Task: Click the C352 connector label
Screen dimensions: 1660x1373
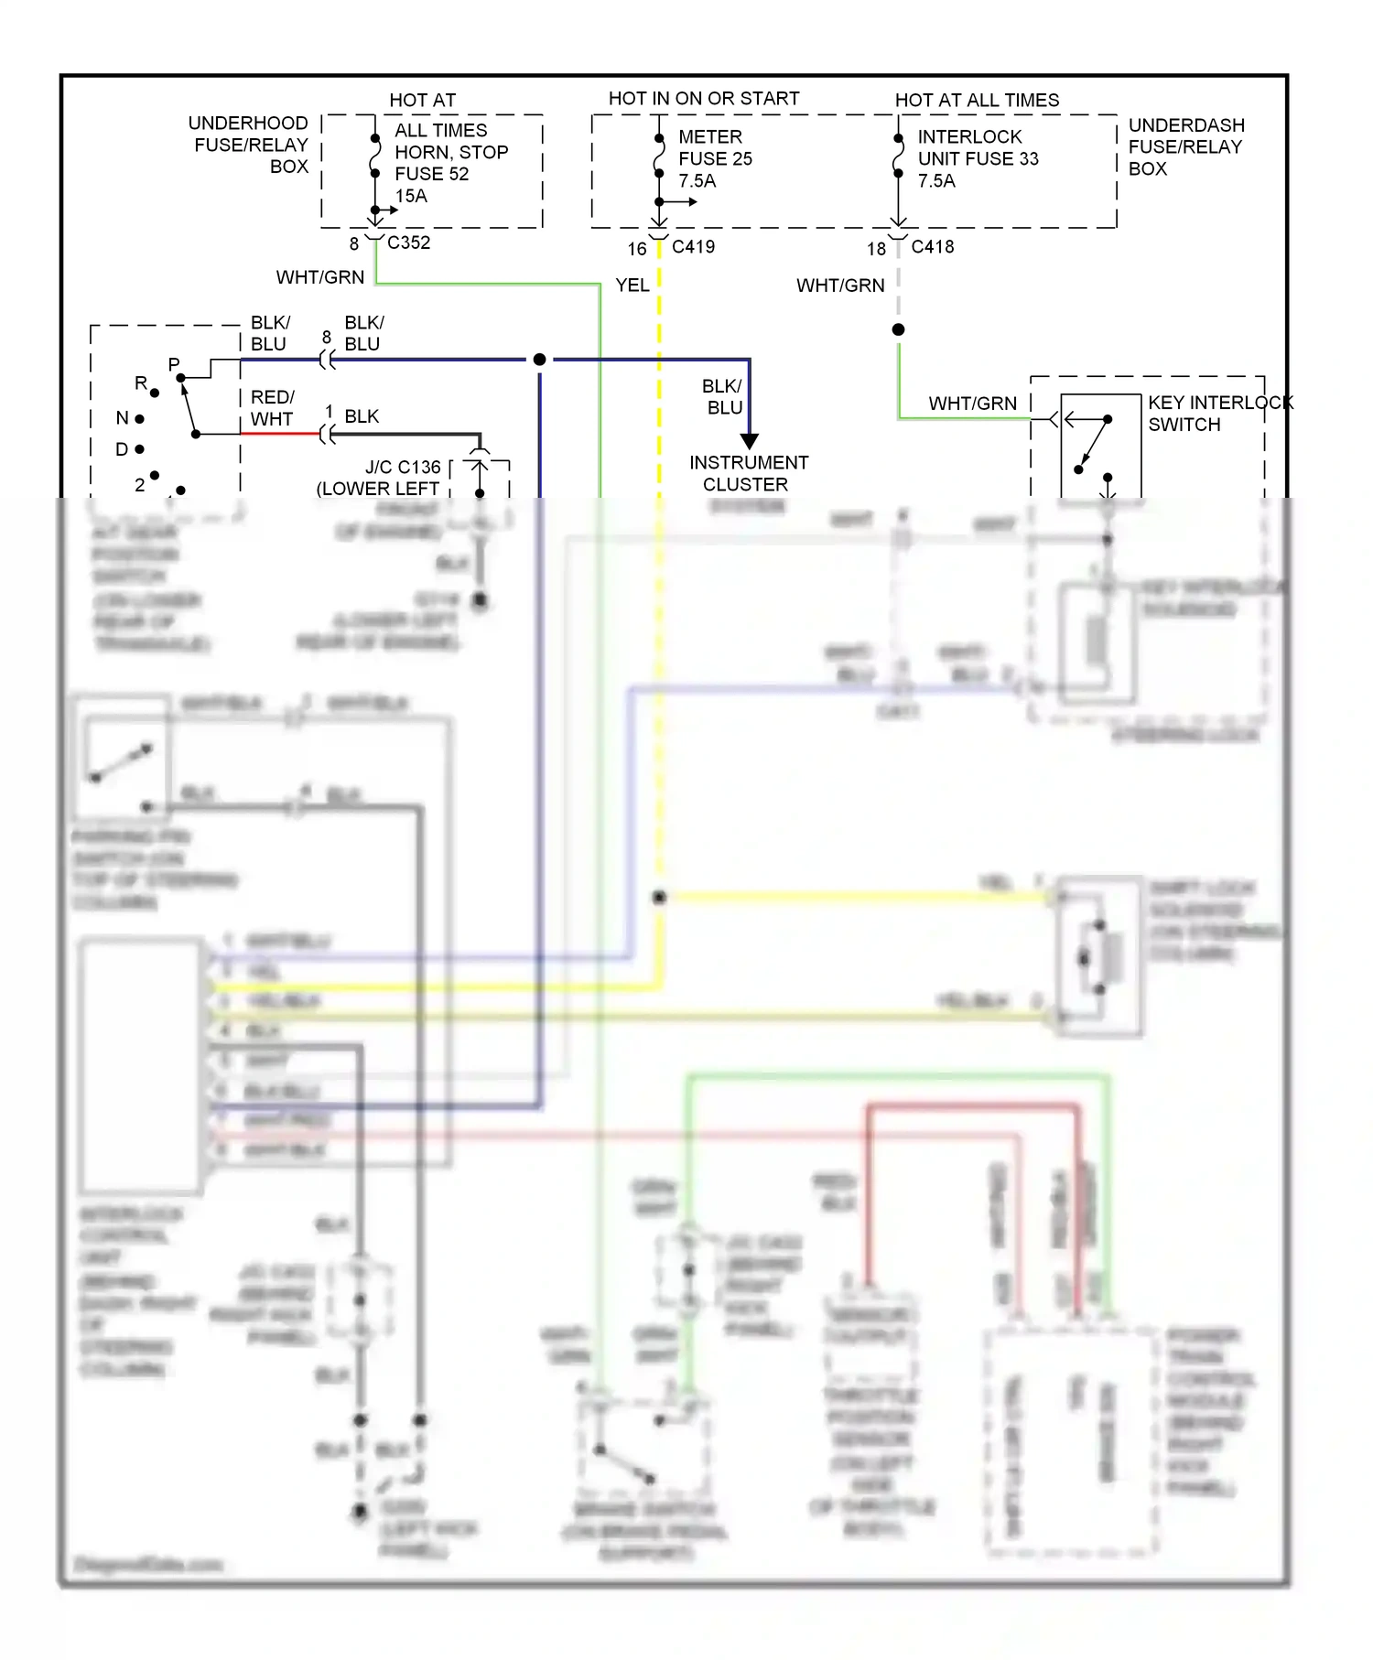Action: click(408, 243)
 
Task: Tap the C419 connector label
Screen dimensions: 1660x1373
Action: click(693, 247)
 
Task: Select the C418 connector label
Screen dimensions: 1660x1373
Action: click(932, 247)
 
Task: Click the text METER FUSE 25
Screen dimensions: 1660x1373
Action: click(715, 148)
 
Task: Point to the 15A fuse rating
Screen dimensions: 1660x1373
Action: click(411, 196)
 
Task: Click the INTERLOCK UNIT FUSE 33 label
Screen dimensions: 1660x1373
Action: click(978, 148)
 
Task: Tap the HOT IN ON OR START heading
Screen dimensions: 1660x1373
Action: click(703, 99)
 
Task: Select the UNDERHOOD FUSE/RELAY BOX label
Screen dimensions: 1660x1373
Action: click(250, 145)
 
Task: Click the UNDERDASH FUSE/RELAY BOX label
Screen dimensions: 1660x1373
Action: click(1185, 146)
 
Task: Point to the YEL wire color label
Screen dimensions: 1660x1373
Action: click(632, 286)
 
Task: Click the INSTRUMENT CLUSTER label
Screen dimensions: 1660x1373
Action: click(748, 473)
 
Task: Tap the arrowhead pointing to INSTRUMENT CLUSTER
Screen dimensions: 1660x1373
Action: click(749, 441)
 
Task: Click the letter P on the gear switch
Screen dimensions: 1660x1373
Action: click(174, 364)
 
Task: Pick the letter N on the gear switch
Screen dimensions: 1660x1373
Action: click(122, 418)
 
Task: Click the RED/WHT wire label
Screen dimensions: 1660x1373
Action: click(272, 408)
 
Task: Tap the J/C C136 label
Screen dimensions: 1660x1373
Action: click(403, 468)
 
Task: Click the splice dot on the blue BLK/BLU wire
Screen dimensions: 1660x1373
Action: click(540, 360)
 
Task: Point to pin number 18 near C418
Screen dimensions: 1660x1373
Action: click(876, 249)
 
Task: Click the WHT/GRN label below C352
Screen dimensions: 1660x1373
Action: click(320, 277)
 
